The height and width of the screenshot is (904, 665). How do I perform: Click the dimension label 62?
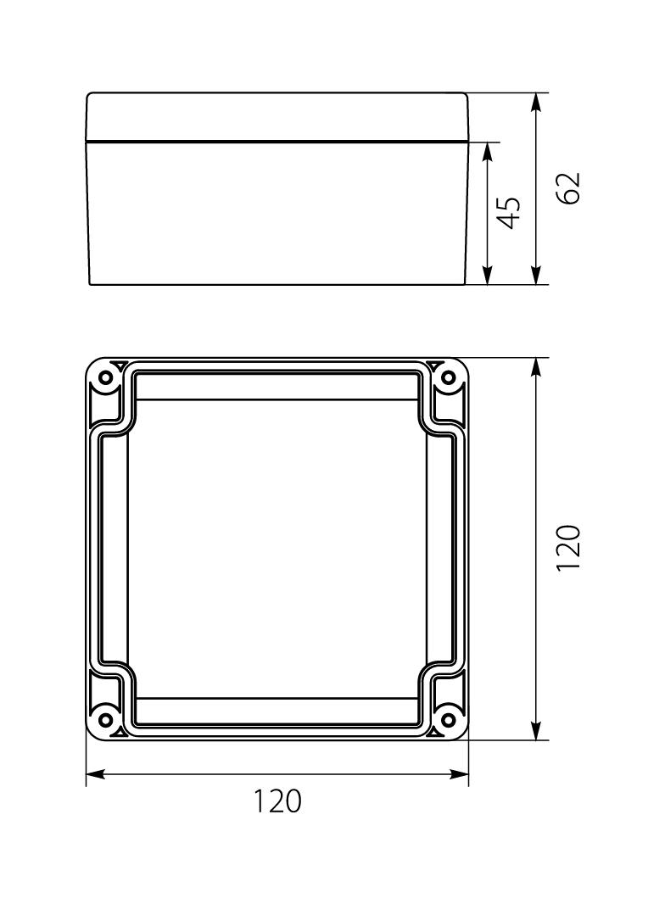(569, 187)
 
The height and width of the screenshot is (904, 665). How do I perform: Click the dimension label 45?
(508, 212)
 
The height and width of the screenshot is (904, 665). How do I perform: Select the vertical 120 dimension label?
(569, 548)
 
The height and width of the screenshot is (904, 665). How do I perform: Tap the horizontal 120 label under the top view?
(278, 801)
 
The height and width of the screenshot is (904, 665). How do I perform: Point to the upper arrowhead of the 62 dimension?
(535, 103)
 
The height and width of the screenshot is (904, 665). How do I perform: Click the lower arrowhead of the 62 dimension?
(535, 275)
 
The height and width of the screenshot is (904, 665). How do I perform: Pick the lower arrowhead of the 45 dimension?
(488, 275)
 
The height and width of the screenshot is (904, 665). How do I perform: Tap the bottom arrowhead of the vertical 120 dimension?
(535, 730)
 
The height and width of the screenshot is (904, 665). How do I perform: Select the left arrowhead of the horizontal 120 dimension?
(96, 773)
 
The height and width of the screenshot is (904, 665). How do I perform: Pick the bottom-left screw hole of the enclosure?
(106, 720)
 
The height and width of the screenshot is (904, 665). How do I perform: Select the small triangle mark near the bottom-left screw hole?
(120, 731)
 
